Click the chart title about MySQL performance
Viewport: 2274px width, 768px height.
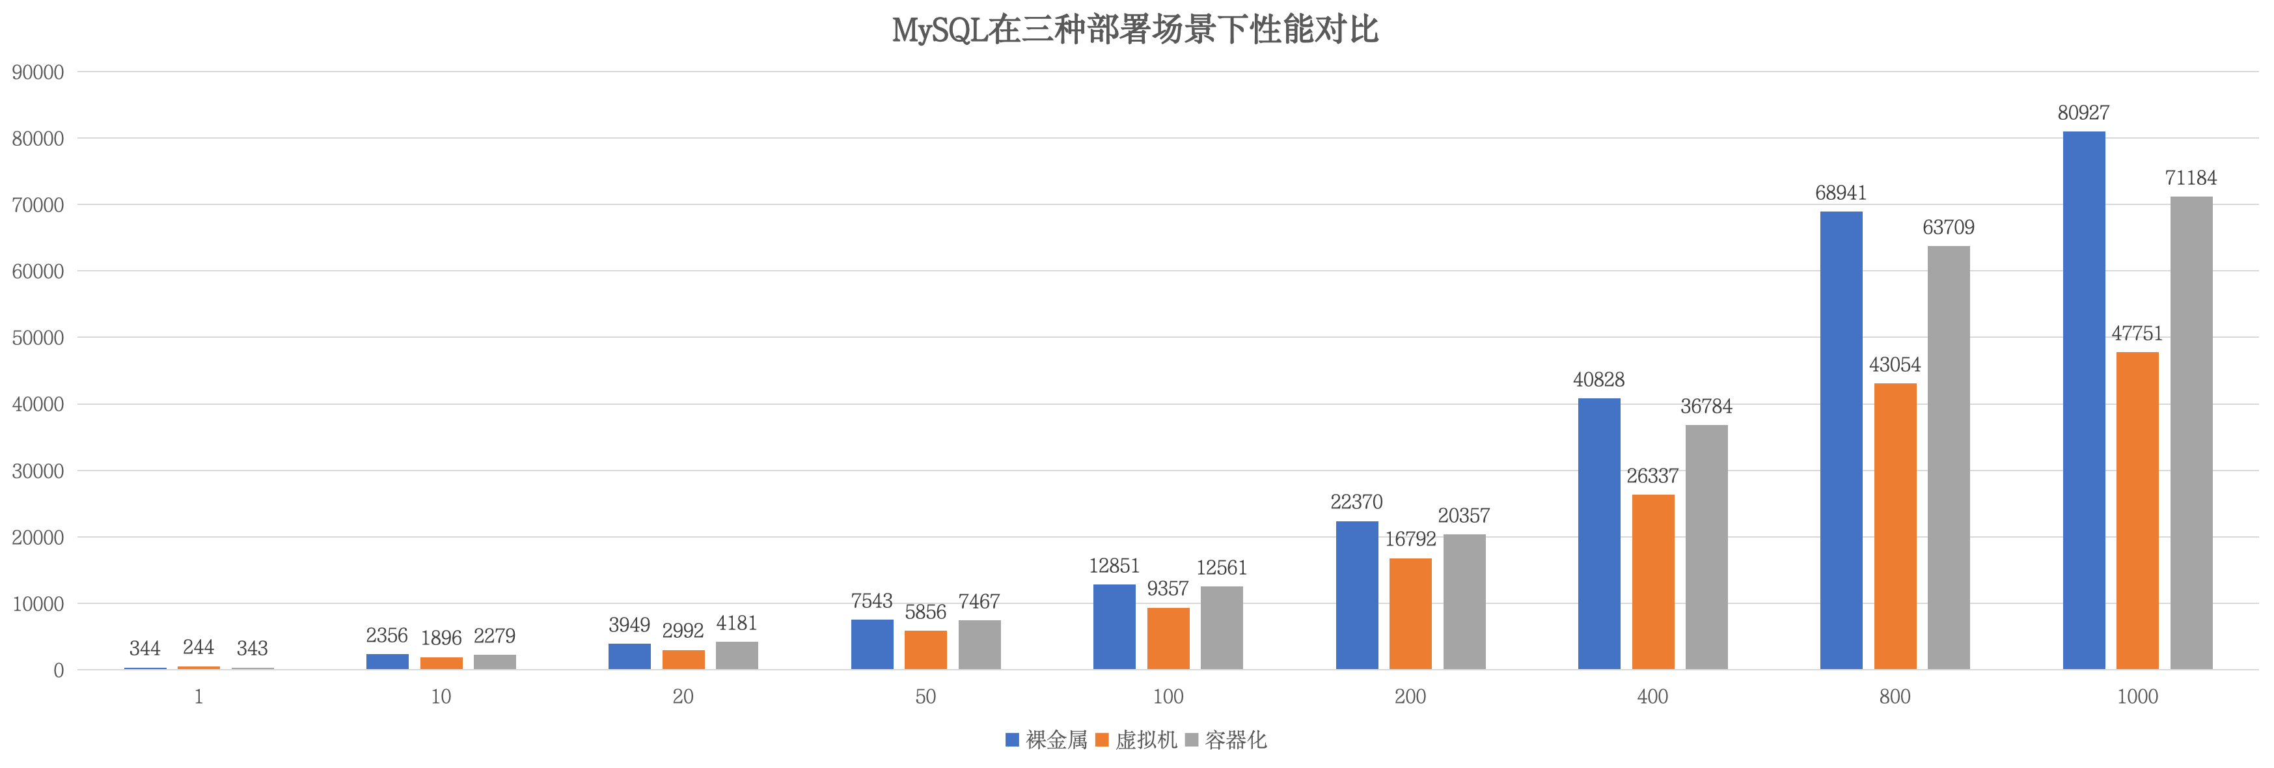[1134, 30]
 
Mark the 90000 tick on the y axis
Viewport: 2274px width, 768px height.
[38, 72]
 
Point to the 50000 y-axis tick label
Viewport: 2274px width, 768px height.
[38, 338]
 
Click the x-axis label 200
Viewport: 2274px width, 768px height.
[1410, 696]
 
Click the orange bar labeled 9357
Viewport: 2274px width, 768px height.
[1168, 638]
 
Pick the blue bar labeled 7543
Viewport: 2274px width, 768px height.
[871, 644]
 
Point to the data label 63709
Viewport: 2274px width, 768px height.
[1949, 228]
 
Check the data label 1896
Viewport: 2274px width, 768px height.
[441, 637]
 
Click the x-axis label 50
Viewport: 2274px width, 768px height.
[925, 696]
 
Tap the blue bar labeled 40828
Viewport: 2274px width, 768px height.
[1598, 534]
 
